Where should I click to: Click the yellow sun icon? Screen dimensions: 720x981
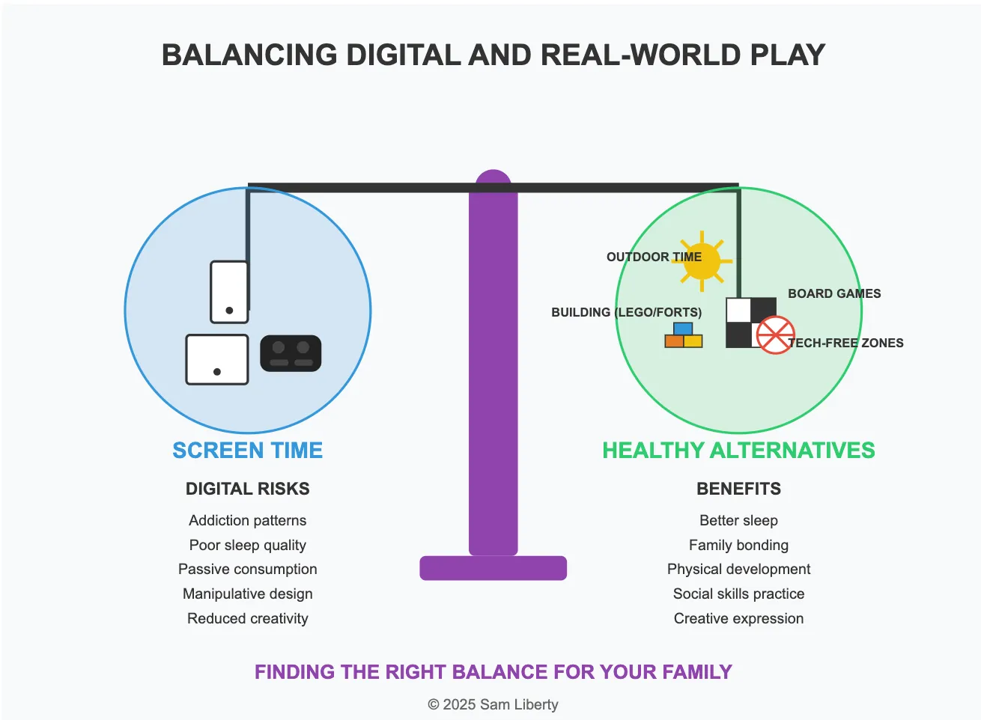pos(702,262)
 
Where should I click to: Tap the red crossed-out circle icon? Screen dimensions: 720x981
pos(775,335)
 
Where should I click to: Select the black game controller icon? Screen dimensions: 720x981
pos(291,353)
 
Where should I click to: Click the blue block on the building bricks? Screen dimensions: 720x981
pos(683,329)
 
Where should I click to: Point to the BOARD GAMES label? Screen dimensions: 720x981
pos(834,293)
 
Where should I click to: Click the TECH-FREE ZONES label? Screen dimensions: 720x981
pos(846,343)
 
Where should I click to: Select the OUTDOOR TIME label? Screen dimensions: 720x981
pos(654,257)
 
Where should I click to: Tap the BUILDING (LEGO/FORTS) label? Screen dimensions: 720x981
pos(626,312)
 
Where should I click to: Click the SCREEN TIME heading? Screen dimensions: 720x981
pos(247,450)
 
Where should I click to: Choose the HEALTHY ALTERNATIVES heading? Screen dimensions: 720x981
pos(738,450)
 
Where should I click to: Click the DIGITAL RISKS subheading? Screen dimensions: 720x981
pos(247,489)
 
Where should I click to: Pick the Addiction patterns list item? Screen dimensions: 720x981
pos(247,520)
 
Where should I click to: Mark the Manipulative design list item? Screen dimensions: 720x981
pos(247,594)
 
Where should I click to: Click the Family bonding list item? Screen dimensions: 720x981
pos(738,545)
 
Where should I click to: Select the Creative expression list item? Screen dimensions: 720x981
pos(738,618)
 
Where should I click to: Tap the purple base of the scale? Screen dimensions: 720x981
pos(493,568)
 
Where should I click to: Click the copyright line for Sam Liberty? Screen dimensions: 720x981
pos(493,704)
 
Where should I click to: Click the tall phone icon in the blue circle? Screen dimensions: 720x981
pos(229,292)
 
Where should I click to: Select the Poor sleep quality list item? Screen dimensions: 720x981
pos(247,545)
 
